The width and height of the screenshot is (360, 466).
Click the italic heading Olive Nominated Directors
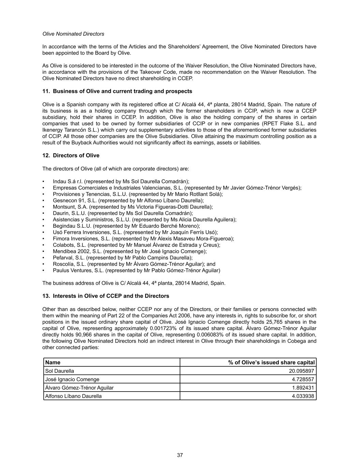pos(73,34)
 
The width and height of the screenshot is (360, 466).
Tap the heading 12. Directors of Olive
pos(71,155)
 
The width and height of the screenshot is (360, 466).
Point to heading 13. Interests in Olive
pos(105,296)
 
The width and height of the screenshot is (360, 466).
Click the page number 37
pos(180,455)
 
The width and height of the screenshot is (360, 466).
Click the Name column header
pos(53,362)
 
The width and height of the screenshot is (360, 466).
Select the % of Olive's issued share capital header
pos(271,362)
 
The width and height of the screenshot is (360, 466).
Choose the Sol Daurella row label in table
pos(60,371)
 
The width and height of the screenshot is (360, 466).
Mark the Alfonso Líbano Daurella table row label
pos(73,396)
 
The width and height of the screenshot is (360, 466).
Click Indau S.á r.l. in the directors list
pos(66,181)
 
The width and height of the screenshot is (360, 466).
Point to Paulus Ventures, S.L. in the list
pos(78,270)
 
